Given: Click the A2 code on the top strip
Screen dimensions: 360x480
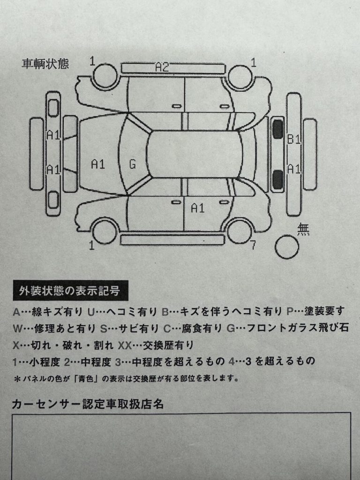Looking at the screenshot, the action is point(162,67).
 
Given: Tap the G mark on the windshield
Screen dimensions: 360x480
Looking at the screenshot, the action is point(132,165).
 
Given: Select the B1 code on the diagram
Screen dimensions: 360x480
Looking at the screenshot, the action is point(293,139).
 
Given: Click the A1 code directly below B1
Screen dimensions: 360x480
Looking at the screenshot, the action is point(294,169).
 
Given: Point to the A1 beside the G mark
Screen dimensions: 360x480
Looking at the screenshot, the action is point(98,165).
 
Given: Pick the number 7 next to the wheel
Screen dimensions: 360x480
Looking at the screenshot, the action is point(253,245).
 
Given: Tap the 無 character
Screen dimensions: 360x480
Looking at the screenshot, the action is point(303,229).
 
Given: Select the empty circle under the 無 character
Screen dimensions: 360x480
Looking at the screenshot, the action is point(286,247).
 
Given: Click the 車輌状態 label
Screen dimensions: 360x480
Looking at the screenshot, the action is point(45,64).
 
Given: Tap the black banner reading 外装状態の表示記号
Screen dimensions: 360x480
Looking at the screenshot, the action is point(70,291).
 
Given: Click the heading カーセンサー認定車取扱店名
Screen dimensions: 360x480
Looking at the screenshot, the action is point(88,404).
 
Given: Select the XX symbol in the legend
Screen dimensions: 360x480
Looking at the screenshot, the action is point(125,345).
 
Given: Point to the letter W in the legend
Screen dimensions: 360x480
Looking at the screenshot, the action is point(17,329).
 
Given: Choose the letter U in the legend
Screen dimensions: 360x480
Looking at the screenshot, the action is point(91,312).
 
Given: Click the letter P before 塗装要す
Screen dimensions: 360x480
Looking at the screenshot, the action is point(290,311).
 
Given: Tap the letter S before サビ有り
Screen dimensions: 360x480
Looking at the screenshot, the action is point(104,329).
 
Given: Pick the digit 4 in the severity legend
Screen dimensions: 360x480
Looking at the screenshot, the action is point(232,361).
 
